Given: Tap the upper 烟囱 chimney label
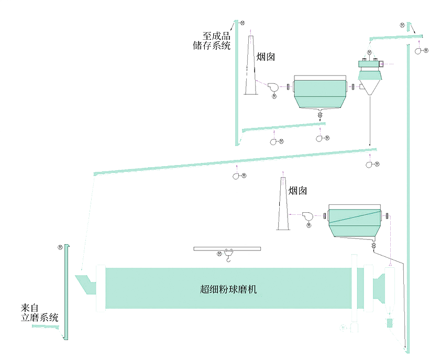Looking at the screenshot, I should point(266,57).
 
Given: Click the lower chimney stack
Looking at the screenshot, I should point(283,207).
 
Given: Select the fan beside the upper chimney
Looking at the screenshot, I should point(273,87).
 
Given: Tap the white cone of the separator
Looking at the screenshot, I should point(370,87).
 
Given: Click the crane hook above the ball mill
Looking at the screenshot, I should point(229,256).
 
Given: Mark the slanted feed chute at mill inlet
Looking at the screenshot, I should point(84,283).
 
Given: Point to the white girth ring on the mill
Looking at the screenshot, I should point(355,288).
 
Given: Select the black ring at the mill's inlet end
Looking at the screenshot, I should point(101,289).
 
